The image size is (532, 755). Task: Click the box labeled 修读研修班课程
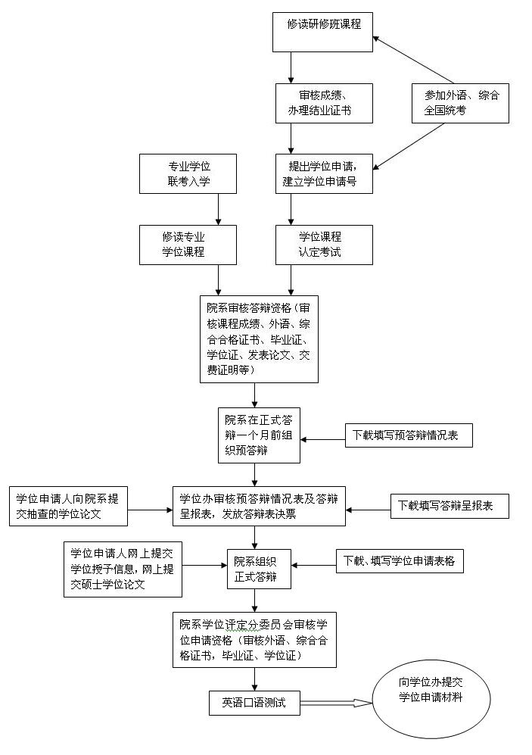[x=322, y=31]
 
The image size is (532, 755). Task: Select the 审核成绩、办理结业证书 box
[x=324, y=103]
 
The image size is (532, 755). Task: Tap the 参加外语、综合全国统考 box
[x=461, y=103]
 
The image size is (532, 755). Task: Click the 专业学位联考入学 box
[x=188, y=173]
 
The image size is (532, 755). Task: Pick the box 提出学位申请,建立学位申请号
[x=324, y=173]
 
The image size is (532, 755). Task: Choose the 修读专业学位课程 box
[x=188, y=245]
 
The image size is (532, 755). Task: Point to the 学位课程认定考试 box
[x=324, y=245]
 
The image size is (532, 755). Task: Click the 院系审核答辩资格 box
[x=259, y=339]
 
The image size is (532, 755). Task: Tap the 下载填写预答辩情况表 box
[x=409, y=436]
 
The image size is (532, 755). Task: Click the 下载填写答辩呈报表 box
[x=450, y=507]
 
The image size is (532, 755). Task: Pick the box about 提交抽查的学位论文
[x=68, y=507]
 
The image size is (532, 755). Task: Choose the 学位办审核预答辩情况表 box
[x=259, y=507]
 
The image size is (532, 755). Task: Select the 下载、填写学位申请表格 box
[x=399, y=561]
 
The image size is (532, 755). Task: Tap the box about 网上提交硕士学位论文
[x=123, y=569]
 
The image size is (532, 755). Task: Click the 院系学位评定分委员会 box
[x=254, y=640]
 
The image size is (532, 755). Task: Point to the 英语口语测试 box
[x=254, y=702]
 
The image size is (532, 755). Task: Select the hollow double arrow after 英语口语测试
[x=336, y=702]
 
